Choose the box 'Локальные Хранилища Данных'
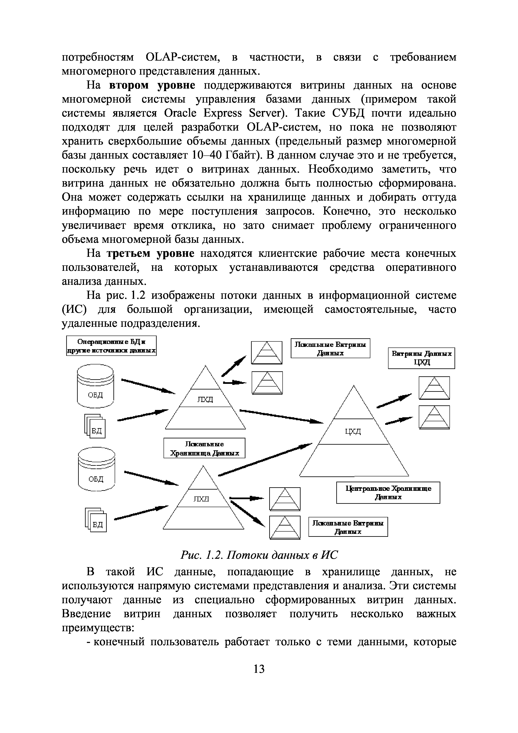(x=204, y=448)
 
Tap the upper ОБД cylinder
(x=95, y=386)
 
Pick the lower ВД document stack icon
(x=96, y=520)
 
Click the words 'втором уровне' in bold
(x=152, y=85)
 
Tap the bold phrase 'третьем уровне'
(x=150, y=253)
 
